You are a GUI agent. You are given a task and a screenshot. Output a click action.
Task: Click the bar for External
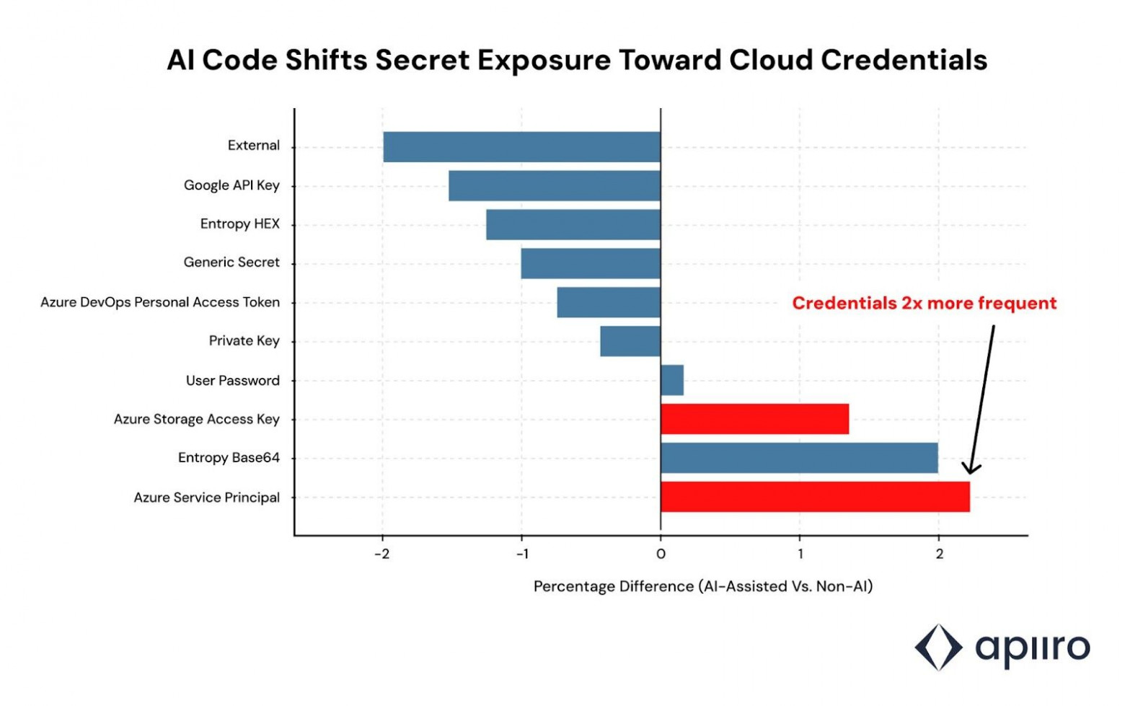[x=521, y=147]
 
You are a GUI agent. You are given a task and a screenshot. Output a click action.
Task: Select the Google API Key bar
[x=554, y=185]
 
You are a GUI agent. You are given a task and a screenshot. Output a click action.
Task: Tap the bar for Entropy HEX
[x=573, y=224]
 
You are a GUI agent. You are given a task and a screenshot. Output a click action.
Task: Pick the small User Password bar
[x=671, y=380]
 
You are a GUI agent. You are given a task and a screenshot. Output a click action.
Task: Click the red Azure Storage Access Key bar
[x=754, y=419]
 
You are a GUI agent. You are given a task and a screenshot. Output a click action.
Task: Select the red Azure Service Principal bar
[x=815, y=497]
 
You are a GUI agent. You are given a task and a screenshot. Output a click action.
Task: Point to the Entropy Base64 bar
[x=799, y=458]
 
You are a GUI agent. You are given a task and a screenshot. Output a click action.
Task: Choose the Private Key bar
[x=630, y=341]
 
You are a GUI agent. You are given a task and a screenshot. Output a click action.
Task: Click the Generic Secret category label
[x=231, y=262]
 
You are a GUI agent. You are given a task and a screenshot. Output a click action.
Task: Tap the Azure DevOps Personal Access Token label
[x=159, y=302]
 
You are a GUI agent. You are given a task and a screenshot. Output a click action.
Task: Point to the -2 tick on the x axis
[x=382, y=554]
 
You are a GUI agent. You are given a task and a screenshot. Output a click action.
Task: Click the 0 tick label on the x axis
[x=661, y=554]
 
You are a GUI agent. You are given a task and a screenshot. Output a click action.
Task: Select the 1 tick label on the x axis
[x=800, y=554]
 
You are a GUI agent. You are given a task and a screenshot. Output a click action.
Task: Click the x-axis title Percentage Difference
[x=702, y=586]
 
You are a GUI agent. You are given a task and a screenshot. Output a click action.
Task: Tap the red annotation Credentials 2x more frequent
[x=924, y=303]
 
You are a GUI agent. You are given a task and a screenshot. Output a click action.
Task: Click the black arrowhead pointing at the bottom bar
[x=971, y=469]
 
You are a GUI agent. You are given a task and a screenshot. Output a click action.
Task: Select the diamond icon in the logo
[x=938, y=647]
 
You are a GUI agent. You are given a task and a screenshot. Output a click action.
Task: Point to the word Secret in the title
[x=422, y=60]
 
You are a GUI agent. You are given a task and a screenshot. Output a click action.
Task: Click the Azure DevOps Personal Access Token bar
[x=608, y=302]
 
